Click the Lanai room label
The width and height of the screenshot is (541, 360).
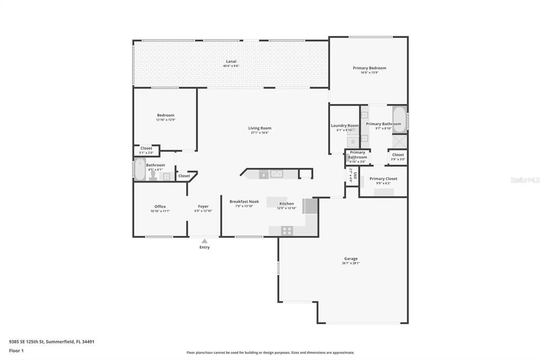click(x=231, y=61)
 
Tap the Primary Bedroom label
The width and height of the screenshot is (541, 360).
click(x=369, y=68)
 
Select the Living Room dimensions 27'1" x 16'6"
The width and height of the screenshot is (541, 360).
click(x=259, y=133)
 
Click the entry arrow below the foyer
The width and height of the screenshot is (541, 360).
click(x=204, y=241)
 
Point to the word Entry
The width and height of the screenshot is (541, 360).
click(x=204, y=248)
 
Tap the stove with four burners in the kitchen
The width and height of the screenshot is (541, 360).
click(x=287, y=230)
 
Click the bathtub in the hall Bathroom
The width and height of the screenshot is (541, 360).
click(x=138, y=170)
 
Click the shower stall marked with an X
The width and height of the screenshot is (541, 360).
click(x=399, y=141)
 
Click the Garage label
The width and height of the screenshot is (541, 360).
click(x=351, y=259)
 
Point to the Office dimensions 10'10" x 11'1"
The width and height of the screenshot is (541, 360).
click(x=160, y=211)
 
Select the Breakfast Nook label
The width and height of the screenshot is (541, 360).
click(x=244, y=202)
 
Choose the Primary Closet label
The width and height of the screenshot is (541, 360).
click(x=383, y=179)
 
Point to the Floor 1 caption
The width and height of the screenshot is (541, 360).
click(x=16, y=350)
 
